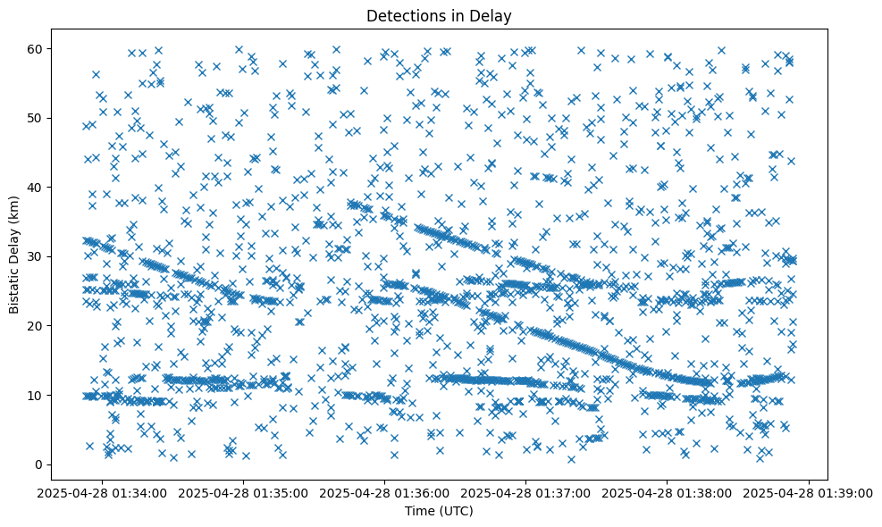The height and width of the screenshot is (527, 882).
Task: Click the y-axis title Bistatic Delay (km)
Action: [15, 254]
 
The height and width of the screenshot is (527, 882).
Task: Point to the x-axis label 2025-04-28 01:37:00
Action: [526, 492]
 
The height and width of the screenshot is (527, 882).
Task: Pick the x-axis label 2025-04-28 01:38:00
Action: [668, 492]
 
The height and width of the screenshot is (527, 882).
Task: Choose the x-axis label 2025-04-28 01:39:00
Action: [809, 492]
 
